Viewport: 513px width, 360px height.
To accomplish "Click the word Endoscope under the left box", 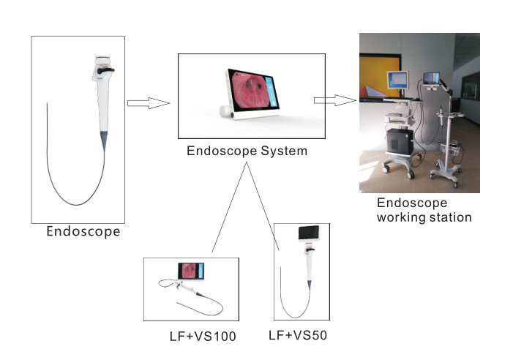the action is click(83, 232).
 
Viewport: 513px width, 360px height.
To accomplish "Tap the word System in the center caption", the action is click(284, 151).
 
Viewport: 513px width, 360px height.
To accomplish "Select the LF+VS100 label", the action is click(203, 336).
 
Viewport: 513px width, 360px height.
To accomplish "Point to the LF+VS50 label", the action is click(298, 335).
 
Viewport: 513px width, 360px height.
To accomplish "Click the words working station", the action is click(424, 217).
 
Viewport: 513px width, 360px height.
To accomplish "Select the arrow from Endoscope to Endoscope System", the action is click(149, 103).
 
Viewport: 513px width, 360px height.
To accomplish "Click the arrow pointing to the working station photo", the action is click(335, 100).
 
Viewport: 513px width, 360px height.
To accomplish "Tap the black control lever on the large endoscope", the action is click(105, 70).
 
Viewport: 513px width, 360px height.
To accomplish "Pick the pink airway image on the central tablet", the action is click(250, 90).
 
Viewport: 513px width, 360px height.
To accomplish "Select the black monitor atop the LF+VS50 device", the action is click(309, 233).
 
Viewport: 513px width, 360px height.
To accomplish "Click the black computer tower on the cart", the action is click(400, 141).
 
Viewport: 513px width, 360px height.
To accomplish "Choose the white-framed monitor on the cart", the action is click(397, 80).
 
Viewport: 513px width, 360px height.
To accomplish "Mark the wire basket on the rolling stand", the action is click(450, 149).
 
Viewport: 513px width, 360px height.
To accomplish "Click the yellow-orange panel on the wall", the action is click(379, 77).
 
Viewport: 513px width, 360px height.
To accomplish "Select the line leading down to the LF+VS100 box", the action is click(229, 207).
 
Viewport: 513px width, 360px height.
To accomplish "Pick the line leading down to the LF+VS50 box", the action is click(263, 206).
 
